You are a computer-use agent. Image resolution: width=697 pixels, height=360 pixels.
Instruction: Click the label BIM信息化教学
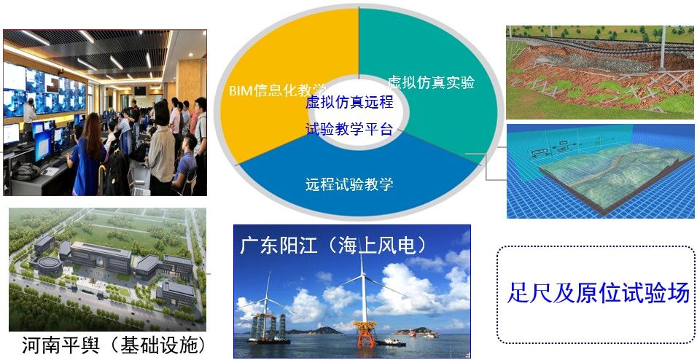click(277, 90)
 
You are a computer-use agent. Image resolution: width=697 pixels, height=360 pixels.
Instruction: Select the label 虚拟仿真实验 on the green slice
click(431, 82)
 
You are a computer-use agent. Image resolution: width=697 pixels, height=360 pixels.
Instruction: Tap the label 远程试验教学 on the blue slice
click(349, 184)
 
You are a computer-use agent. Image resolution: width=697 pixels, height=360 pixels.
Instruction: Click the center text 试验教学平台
click(349, 129)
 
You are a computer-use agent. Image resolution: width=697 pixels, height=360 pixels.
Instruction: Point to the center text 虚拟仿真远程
click(349, 102)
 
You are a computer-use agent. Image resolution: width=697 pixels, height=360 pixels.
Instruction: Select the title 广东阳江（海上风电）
click(333, 245)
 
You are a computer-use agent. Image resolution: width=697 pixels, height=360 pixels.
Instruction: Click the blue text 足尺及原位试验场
click(599, 294)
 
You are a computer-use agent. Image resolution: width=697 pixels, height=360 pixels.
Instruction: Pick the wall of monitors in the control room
click(44, 90)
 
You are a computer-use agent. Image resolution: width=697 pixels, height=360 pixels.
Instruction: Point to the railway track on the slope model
click(600, 44)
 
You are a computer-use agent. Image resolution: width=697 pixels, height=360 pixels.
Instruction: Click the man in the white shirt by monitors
click(29, 117)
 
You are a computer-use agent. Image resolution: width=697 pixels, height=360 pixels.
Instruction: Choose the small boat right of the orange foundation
click(392, 343)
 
